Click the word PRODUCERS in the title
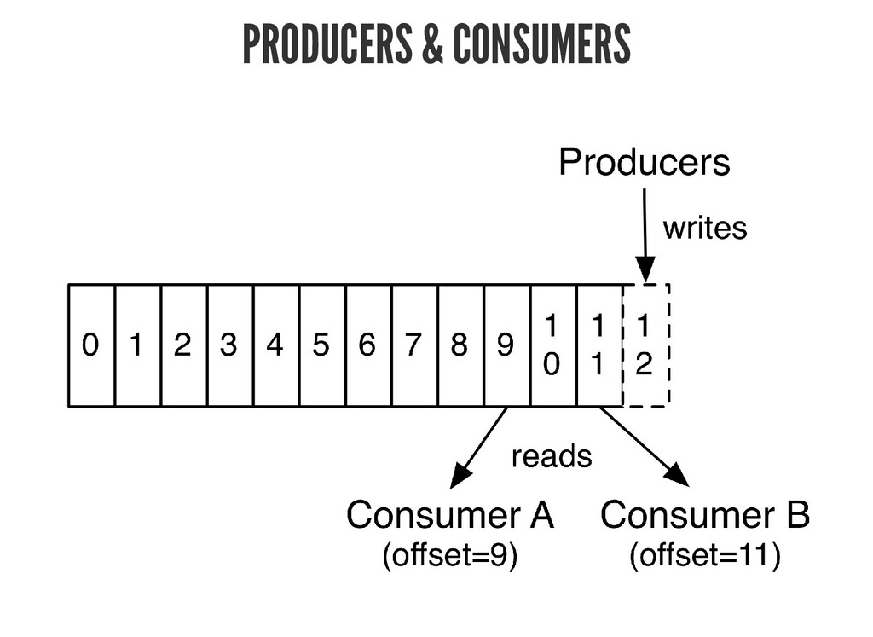tap(326, 44)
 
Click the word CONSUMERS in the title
tap(541, 44)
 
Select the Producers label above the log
tap(644, 162)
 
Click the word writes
tap(704, 228)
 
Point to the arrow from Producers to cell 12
tap(645, 234)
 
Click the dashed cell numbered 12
tap(645, 345)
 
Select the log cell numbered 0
tap(90, 345)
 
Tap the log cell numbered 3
tap(229, 345)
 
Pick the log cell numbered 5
tap(321, 345)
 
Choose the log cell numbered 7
tap(414, 345)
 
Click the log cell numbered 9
tap(506, 345)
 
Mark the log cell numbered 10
tap(552, 345)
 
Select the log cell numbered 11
tap(598, 345)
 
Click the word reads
tap(551, 457)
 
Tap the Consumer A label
tap(449, 516)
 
